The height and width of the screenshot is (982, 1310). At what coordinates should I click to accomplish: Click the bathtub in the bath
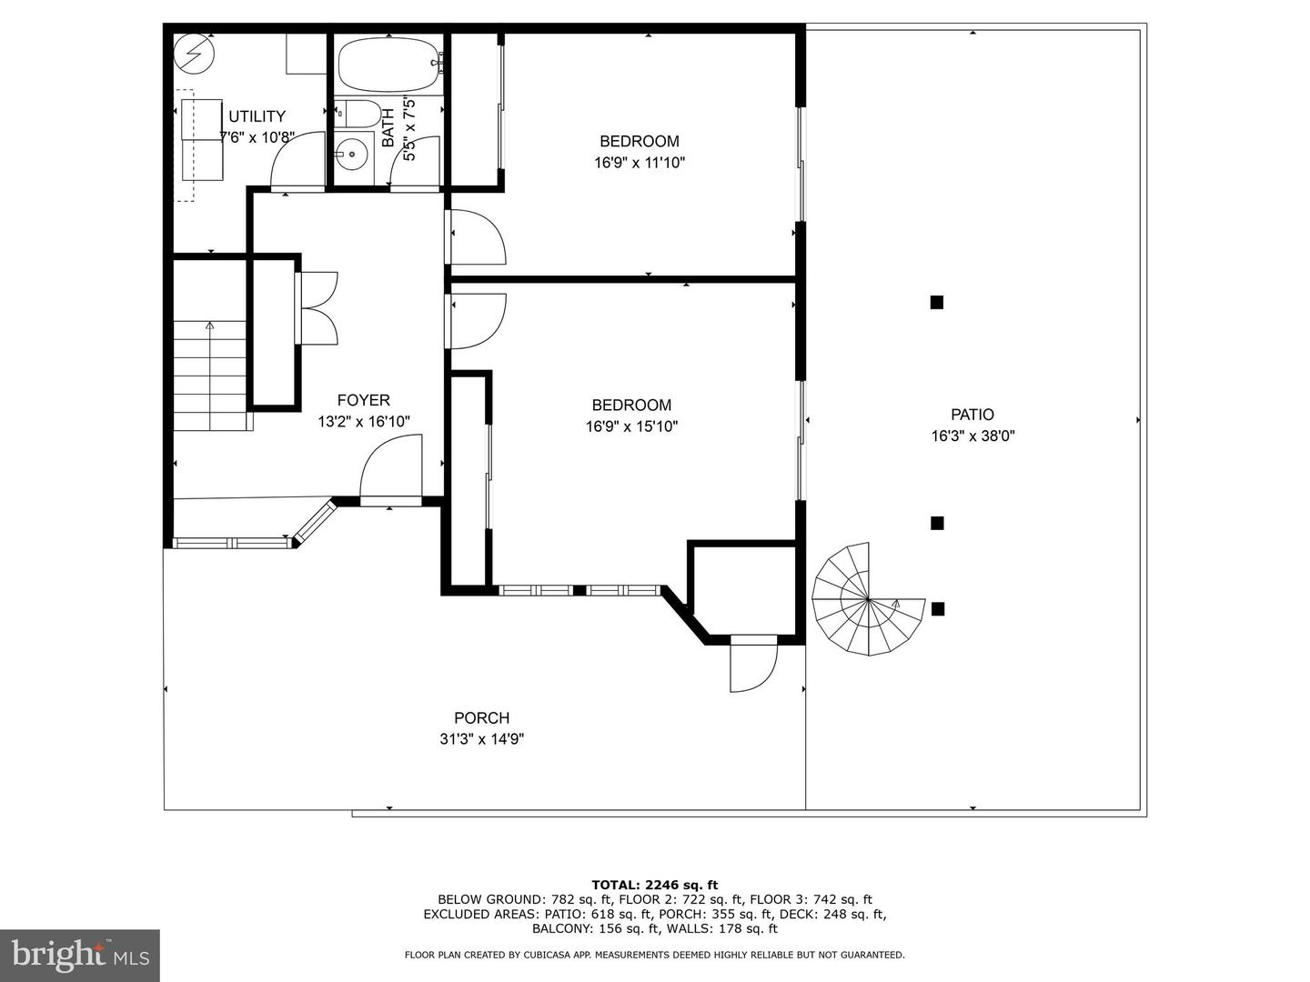pyautogui.click(x=390, y=65)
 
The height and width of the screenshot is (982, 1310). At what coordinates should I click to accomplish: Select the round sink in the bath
pyautogui.click(x=352, y=155)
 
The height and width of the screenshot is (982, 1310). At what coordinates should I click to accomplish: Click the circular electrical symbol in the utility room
pyautogui.click(x=194, y=53)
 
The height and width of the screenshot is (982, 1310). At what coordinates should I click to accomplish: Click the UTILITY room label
pyautogui.click(x=257, y=116)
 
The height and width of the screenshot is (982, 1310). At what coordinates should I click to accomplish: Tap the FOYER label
pyautogui.click(x=364, y=400)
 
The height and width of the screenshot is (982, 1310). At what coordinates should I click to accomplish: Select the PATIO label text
pyautogui.click(x=972, y=415)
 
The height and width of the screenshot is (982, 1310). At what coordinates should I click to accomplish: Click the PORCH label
pyautogui.click(x=481, y=718)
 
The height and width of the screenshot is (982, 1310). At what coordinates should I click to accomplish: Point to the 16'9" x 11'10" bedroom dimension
pyautogui.click(x=640, y=162)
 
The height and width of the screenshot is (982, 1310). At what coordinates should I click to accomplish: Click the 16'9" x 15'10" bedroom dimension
pyautogui.click(x=631, y=426)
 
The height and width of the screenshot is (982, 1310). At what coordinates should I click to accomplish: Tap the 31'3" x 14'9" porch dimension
pyautogui.click(x=481, y=739)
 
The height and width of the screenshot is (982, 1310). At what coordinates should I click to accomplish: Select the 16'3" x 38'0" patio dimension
pyautogui.click(x=972, y=436)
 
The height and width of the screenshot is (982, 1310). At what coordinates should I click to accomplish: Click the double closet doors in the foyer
pyautogui.click(x=317, y=307)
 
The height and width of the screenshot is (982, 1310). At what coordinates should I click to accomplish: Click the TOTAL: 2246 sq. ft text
pyautogui.click(x=655, y=885)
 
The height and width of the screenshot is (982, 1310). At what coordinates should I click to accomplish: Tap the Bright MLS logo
pyautogui.click(x=80, y=955)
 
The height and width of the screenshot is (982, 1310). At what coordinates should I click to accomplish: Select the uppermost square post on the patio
pyautogui.click(x=936, y=302)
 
